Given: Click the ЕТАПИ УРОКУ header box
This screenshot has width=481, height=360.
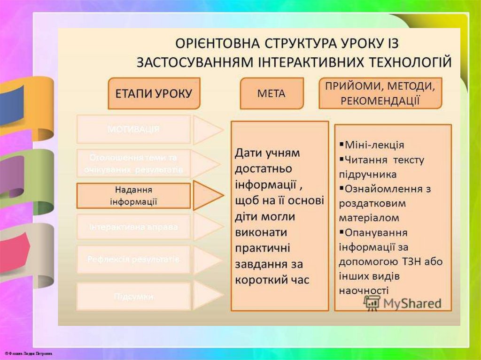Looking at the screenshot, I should click(x=154, y=93).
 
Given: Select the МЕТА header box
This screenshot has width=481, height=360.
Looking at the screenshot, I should click(x=271, y=93).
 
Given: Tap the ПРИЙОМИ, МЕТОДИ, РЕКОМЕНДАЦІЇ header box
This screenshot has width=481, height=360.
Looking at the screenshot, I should click(x=380, y=93).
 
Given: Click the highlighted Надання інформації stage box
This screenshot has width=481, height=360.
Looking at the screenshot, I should click(x=133, y=196).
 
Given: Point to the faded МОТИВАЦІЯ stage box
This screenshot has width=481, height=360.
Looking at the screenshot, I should click(x=133, y=129).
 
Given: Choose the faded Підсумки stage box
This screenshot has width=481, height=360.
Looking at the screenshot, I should click(x=133, y=296).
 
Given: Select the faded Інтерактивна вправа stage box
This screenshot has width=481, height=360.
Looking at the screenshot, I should click(x=133, y=227).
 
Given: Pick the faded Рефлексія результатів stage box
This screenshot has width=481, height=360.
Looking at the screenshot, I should click(x=133, y=259).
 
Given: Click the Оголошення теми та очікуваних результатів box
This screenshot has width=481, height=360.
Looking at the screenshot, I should click(x=133, y=163).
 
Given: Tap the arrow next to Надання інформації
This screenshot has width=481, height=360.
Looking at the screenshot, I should click(x=206, y=196).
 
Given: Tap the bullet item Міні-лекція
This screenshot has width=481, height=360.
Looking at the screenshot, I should click(x=374, y=145).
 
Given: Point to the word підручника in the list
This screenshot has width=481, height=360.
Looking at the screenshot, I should click(x=367, y=174).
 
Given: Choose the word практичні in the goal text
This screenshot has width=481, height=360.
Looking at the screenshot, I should click(x=263, y=248).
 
